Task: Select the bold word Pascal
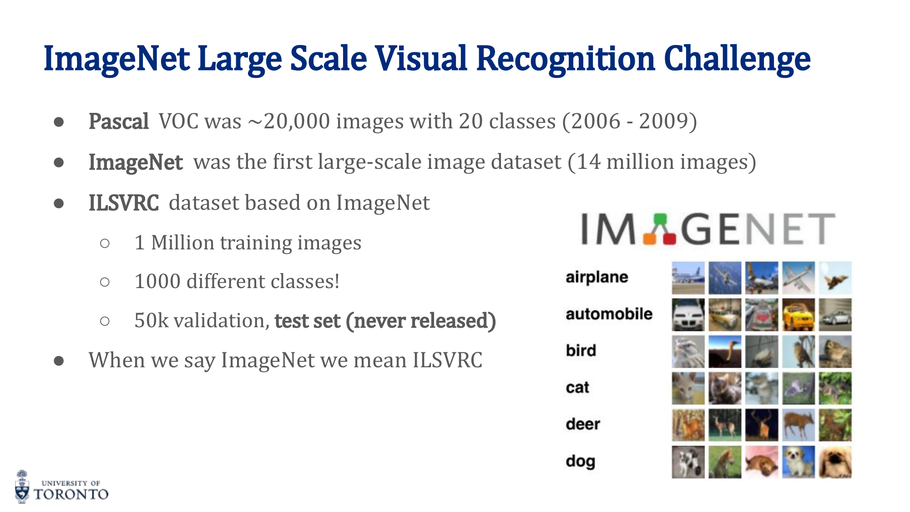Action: click(119, 122)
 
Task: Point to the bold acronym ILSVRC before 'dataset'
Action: click(124, 203)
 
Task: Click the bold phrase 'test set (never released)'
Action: click(385, 321)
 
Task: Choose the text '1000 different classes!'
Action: click(237, 281)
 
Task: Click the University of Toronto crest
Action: click(22, 487)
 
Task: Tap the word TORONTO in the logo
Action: click(71, 494)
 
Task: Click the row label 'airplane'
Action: click(597, 277)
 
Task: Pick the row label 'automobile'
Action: click(609, 314)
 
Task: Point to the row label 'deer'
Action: click(583, 424)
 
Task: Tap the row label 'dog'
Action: click(581, 461)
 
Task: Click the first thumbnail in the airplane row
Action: click(688, 278)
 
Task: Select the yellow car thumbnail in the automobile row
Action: click(799, 314)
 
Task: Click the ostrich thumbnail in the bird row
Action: click(725, 351)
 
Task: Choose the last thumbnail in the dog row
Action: click(835, 462)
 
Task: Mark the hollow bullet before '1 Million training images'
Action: click(105, 243)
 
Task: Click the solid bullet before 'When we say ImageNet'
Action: click(59, 361)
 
